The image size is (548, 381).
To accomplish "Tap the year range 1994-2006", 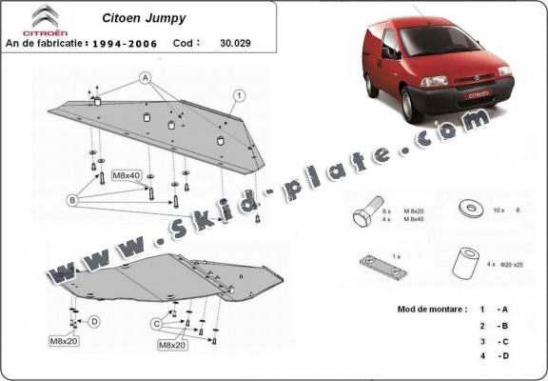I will (x=127, y=43).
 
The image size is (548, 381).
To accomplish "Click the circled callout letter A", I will (x=146, y=75).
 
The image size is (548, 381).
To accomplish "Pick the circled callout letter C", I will (x=156, y=324).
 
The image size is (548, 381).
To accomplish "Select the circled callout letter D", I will (x=94, y=321).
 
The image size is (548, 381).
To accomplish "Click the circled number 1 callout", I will (x=241, y=94).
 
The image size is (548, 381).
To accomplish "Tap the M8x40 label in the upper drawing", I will (x=126, y=176).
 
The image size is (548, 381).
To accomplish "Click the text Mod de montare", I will (x=430, y=311).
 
